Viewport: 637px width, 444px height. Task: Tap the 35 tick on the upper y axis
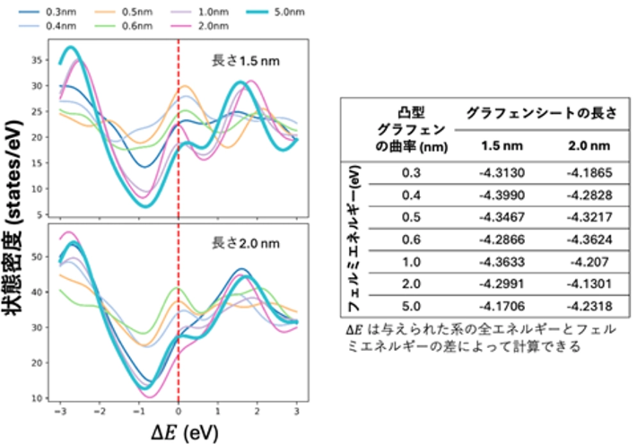point(37,61)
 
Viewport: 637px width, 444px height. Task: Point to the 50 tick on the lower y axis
point(37,257)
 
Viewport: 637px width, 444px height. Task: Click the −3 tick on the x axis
point(59,409)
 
